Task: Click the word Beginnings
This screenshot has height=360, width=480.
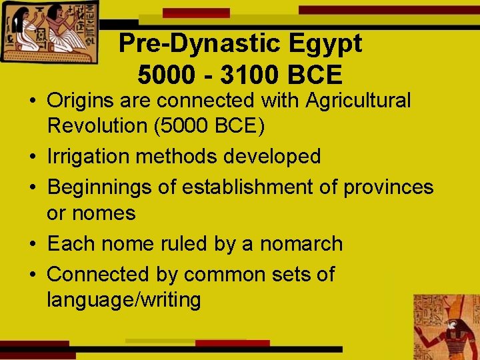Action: coord(100,187)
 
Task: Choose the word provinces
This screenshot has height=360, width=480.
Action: coord(388,187)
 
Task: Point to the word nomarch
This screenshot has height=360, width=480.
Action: coord(301,244)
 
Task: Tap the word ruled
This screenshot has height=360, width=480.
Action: coord(183,244)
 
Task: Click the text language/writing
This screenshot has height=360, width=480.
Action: coord(124,300)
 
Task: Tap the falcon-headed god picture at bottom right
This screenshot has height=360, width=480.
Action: coord(445,327)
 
